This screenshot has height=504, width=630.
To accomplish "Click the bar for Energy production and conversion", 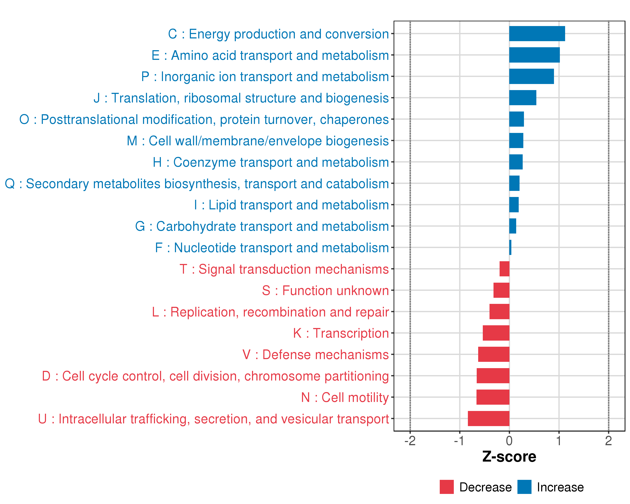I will pos(537,34).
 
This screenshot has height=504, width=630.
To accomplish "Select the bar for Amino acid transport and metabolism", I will pos(534,55).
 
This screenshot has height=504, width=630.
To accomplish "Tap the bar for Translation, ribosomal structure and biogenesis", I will pos(522,98).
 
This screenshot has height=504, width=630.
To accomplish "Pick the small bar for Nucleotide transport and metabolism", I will pos(510,247).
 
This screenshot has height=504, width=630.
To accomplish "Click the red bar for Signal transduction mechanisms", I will pos(504,269).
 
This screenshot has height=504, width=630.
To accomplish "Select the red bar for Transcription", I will pos(496,333).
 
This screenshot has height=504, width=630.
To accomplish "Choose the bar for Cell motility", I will pos(493,397).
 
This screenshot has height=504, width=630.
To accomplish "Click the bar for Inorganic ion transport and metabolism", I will pos(531,76).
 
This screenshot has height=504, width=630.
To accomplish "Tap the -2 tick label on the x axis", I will pos(410,441).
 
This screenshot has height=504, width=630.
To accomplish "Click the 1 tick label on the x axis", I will pos(559,441).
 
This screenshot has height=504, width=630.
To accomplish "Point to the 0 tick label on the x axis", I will pos(509,441).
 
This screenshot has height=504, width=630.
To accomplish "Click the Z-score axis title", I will pos(509,457).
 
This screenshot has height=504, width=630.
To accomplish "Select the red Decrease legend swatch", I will pos(446,487).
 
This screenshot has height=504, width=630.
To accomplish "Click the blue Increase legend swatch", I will pos(524,487).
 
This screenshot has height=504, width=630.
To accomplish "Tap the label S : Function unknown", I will pos(325,291).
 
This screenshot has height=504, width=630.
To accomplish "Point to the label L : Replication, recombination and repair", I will pos(270,312).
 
